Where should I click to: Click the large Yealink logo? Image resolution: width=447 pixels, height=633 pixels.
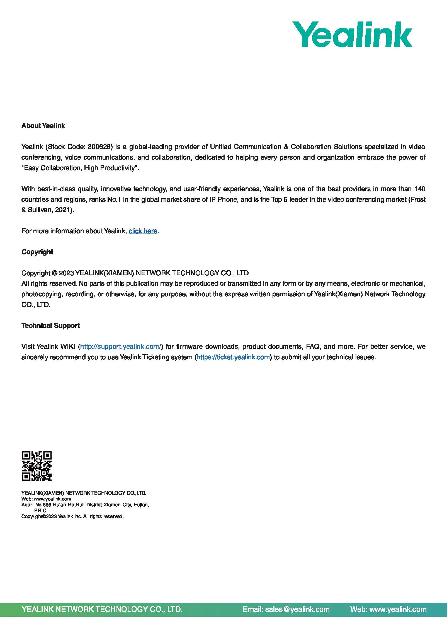[352, 34]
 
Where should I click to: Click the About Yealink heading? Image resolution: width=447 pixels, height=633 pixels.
[43, 126]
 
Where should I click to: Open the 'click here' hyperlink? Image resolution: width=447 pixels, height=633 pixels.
[143, 231]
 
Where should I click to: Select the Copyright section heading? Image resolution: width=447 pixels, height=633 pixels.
[37, 252]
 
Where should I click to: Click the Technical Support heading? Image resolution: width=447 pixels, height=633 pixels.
[51, 326]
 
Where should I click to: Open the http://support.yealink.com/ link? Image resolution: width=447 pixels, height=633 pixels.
[121, 346]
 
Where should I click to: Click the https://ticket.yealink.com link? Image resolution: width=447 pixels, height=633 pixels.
[233, 357]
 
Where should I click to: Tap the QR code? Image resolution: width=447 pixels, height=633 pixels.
[37, 466]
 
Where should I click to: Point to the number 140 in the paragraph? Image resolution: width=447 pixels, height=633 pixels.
[419, 189]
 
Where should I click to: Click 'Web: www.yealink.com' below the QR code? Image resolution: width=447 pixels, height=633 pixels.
[46, 499]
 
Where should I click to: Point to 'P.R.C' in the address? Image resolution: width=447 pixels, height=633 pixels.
[40, 510]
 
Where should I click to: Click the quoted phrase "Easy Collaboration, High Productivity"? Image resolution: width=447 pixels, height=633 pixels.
[80, 168]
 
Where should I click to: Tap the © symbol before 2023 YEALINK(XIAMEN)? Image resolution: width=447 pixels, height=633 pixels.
[55, 273]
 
